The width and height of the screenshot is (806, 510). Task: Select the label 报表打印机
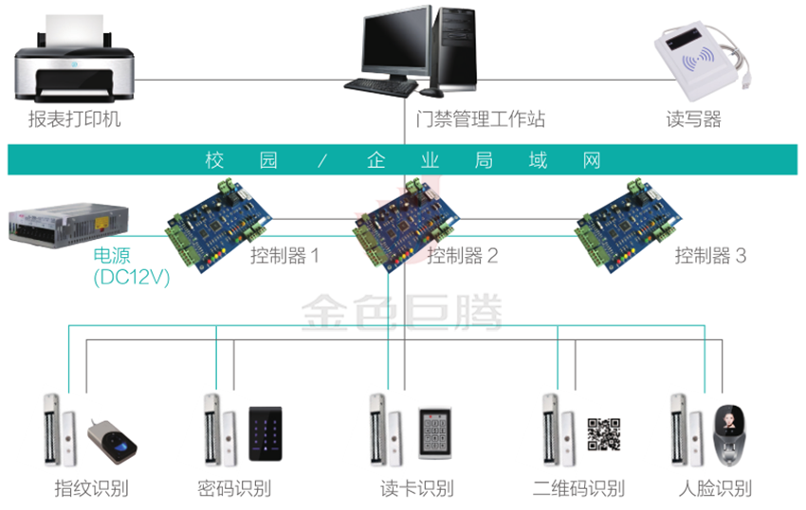(75, 120)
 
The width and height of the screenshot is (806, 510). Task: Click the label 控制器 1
(284, 256)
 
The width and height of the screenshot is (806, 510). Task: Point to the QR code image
(604, 433)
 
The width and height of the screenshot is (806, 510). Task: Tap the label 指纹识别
(91, 489)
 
